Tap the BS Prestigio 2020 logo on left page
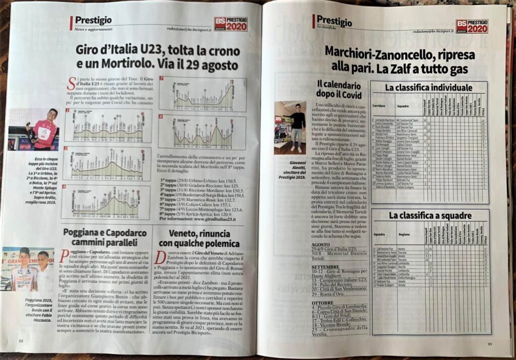(231, 24)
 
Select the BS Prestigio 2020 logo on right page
(472, 26)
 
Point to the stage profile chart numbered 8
(202, 133)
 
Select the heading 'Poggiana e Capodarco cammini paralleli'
(105, 238)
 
